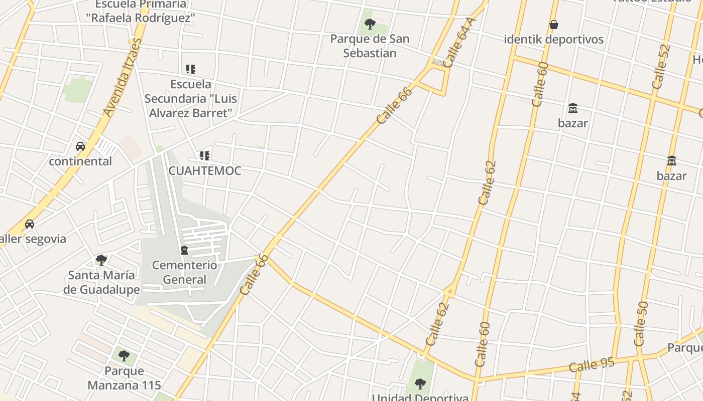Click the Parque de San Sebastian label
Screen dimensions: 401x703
click(370, 46)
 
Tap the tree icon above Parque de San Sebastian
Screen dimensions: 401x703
click(370, 24)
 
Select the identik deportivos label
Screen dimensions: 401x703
click(554, 39)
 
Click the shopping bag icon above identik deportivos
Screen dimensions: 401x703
click(554, 24)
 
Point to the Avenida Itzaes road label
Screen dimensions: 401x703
click(123, 78)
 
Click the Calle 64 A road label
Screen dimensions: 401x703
click(459, 43)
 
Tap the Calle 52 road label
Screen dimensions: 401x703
click(661, 67)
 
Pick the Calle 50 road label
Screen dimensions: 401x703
click(641, 323)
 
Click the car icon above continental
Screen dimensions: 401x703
click(80, 146)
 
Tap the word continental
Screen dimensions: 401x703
click(80, 161)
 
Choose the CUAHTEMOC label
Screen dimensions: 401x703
click(205, 170)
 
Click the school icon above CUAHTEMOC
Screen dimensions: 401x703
click(204, 156)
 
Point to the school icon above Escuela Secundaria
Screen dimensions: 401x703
click(190, 69)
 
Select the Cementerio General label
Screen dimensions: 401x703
click(185, 272)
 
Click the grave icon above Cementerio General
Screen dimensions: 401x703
click(184, 250)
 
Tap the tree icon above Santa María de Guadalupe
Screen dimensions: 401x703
click(101, 260)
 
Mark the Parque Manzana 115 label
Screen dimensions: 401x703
click(124, 378)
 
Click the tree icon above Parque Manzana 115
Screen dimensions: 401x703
click(124, 356)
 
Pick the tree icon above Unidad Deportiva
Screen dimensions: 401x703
click(420, 384)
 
